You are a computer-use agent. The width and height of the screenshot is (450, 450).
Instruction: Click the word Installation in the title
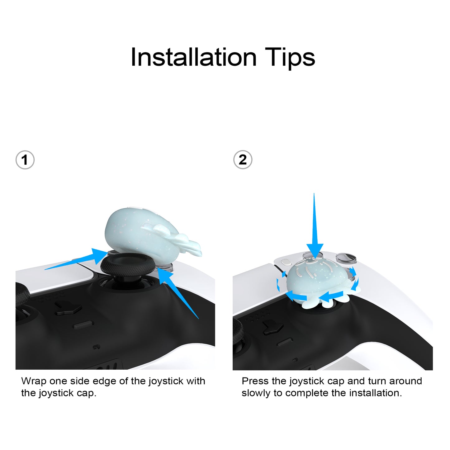194,57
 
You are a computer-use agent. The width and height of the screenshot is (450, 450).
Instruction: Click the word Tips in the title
290,58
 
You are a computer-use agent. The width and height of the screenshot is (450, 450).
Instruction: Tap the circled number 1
25,160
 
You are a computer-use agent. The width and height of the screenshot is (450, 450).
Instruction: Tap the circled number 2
243,160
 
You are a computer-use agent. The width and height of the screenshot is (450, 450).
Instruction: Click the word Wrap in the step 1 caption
34,381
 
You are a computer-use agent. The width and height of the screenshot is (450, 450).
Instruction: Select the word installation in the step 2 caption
376,393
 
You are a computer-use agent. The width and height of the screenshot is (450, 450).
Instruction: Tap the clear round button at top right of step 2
346,258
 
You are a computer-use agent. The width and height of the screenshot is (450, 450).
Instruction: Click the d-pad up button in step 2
273,327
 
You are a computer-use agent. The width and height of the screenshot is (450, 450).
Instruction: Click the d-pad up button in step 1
69,308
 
